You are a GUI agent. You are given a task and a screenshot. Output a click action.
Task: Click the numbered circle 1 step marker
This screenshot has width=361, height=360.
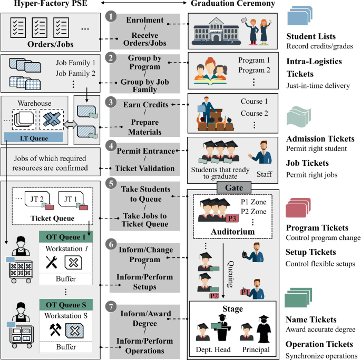tap(111, 17)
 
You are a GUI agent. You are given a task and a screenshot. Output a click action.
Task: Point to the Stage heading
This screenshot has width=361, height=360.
tap(232, 308)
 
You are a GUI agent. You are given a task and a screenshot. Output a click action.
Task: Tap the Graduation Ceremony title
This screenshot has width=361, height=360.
tap(232, 4)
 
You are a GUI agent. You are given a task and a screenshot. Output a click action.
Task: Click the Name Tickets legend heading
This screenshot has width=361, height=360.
tap(311, 319)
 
